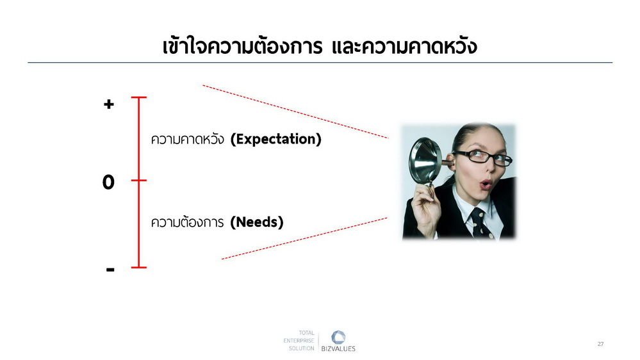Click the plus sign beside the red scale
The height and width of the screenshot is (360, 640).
click(x=108, y=104)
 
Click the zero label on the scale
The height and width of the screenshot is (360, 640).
click(x=108, y=182)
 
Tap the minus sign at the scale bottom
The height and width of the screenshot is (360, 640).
click(x=110, y=270)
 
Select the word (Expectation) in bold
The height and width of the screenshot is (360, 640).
click(x=276, y=139)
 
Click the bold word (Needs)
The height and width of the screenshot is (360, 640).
click(x=257, y=222)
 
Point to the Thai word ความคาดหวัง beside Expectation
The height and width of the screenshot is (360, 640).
click(x=188, y=139)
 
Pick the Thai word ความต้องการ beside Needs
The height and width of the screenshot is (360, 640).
click(x=187, y=222)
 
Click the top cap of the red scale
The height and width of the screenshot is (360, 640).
click(x=139, y=97)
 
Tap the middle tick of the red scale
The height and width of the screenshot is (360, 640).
click(x=139, y=180)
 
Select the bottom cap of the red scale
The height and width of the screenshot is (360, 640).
click(x=139, y=267)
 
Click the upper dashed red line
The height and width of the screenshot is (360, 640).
click(x=295, y=112)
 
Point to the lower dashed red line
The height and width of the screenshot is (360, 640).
click(x=304, y=238)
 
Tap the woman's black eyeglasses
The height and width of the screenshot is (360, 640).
click(x=484, y=157)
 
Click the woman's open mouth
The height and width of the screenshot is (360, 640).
click(x=486, y=184)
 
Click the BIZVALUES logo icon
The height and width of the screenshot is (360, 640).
click(x=338, y=338)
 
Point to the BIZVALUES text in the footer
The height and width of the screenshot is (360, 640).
click(x=338, y=349)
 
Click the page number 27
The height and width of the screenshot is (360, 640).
click(x=600, y=344)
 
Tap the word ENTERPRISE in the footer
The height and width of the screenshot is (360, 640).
click(x=299, y=340)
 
